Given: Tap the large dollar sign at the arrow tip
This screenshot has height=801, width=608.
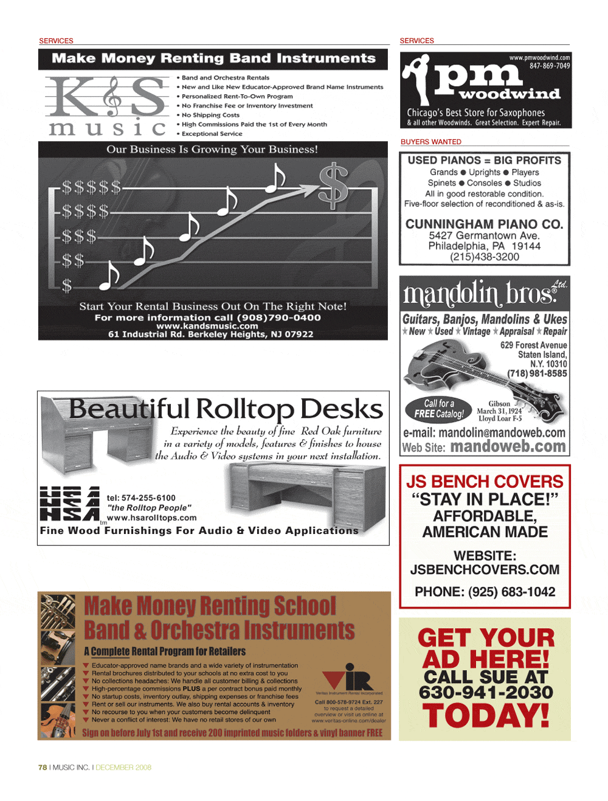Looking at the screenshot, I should (x=334, y=186).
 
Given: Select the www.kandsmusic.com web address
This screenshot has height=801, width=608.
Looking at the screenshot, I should (x=207, y=326).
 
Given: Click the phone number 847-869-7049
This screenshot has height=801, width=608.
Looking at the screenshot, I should (x=550, y=66).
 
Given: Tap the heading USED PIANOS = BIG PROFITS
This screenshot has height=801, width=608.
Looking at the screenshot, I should (x=485, y=161).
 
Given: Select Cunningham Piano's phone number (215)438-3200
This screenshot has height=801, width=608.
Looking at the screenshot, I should (x=485, y=257).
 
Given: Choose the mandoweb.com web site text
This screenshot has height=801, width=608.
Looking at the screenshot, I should (x=508, y=447).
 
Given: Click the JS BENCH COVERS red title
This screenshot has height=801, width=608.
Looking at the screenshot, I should (x=485, y=482).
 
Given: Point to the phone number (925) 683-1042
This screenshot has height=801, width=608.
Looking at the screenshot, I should (x=511, y=592).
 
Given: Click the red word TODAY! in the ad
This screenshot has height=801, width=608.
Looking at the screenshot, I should (x=486, y=716).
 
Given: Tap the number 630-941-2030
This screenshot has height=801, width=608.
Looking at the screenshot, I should (x=486, y=692).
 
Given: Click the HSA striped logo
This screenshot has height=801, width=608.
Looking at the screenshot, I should (x=69, y=504).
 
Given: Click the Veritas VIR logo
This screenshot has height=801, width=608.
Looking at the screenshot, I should (x=348, y=676).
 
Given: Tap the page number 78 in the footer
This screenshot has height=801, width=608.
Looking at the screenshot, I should (x=43, y=768).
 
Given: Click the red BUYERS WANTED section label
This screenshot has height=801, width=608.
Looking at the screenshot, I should (x=431, y=142).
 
